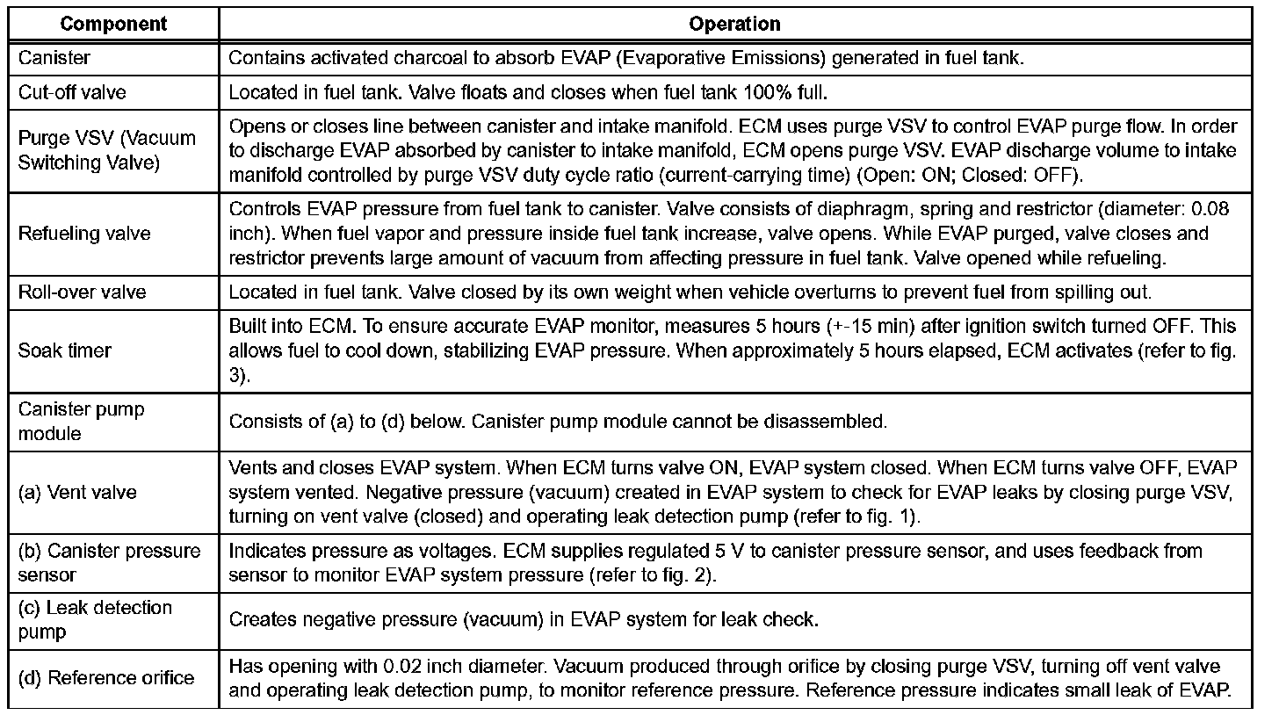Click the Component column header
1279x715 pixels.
[114, 24]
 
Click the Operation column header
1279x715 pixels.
[735, 24]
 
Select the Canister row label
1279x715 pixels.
[54, 59]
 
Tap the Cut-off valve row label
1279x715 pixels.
[68, 93]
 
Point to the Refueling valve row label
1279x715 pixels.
[84, 234]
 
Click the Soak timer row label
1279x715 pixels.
[65, 350]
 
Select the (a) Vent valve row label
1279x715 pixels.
[77, 492]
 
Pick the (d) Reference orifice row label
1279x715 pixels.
[106, 678]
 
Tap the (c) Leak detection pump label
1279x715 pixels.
[95, 619]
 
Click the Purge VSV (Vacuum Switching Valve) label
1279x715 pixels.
[106, 150]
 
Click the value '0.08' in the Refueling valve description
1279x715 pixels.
[1210, 209]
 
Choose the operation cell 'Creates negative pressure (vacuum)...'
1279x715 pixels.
[524, 619]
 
